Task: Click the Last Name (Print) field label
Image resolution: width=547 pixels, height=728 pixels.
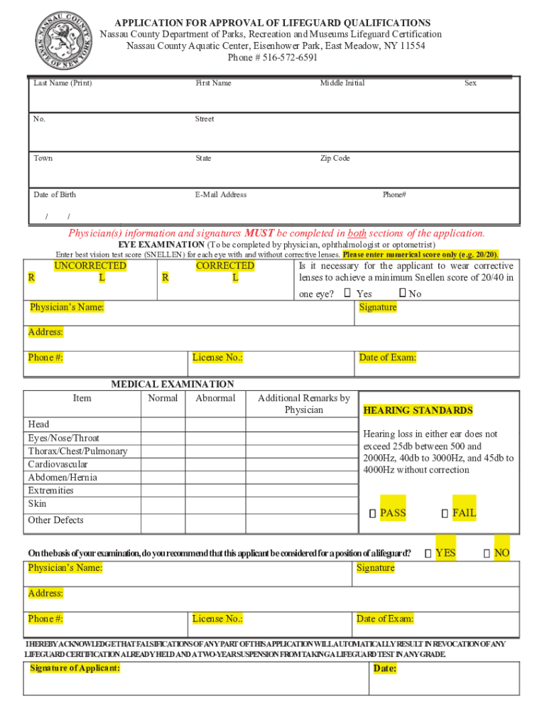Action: click(63, 83)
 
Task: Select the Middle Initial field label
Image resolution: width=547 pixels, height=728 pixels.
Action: click(342, 83)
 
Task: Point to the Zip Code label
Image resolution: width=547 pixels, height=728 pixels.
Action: click(335, 158)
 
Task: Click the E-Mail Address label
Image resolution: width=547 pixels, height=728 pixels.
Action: click(221, 194)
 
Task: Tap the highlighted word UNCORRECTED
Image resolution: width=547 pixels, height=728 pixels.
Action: click(90, 266)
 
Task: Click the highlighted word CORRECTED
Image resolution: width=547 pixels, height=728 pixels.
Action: click(224, 266)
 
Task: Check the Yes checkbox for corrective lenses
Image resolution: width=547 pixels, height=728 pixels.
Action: click(347, 293)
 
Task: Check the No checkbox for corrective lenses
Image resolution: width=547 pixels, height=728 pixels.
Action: click(402, 293)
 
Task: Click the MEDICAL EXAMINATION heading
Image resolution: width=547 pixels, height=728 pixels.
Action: click(172, 384)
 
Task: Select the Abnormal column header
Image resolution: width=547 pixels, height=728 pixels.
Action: click(215, 398)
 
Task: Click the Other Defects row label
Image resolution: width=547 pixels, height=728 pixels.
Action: click(55, 520)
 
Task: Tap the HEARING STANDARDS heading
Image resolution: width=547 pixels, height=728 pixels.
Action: click(418, 410)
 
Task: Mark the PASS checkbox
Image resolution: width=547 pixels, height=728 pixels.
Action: click(372, 513)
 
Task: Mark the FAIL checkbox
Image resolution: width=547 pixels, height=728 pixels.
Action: click(445, 513)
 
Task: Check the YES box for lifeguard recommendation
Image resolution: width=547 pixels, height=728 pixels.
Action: click(428, 553)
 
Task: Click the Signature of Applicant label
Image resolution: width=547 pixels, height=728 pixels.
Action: click(75, 668)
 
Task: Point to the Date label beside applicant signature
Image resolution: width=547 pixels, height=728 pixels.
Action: click(384, 668)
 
